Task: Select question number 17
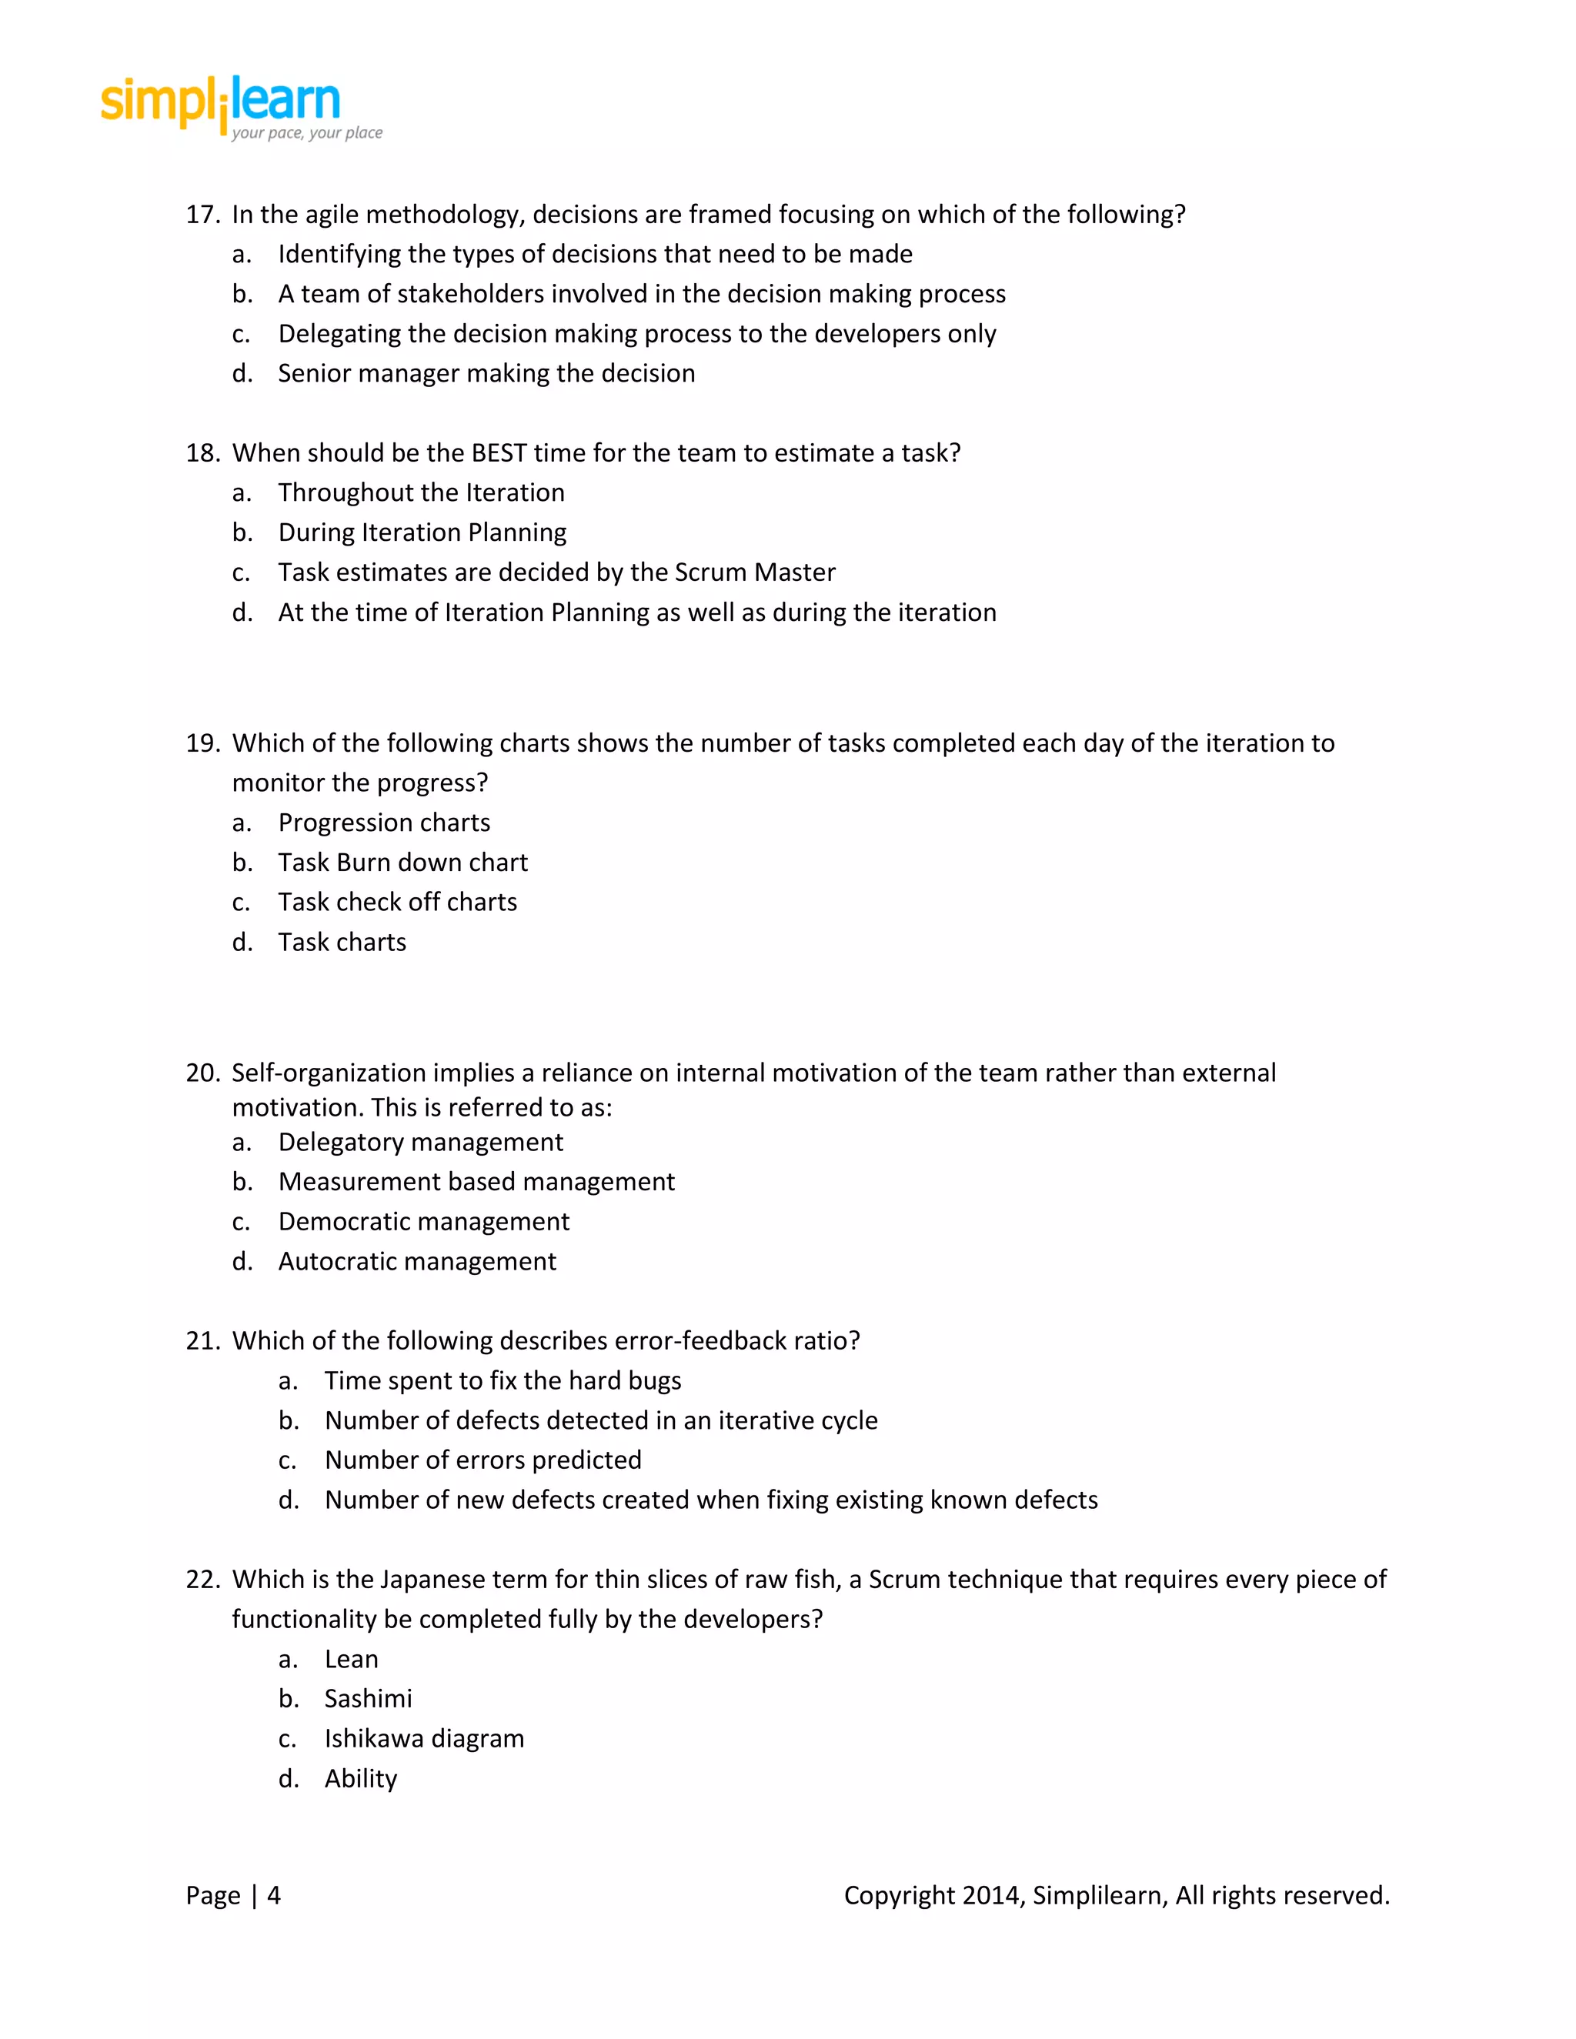pos(202,215)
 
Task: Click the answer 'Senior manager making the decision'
pos(486,373)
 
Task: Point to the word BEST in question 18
pos(499,452)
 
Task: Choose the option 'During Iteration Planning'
pos(422,532)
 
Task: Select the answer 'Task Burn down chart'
pos(402,863)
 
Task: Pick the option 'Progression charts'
pos(384,823)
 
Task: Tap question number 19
pos(202,743)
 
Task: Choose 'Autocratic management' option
pos(416,1261)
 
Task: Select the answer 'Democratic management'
pos(423,1222)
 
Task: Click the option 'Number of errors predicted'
pos(482,1460)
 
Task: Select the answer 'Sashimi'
pos(368,1699)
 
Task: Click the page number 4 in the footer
pos(273,1895)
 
